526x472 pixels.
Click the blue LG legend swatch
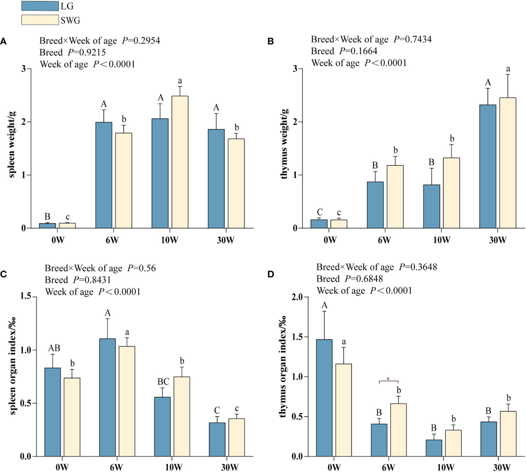pyautogui.click(x=40, y=6)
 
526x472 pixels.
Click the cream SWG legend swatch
pyautogui.click(x=40, y=20)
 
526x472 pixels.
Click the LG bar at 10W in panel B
pyautogui.click(x=432, y=206)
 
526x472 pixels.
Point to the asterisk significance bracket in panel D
pyautogui.click(x=388, y=380)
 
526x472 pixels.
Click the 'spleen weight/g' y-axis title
pyautogui.click(x=11, y=145)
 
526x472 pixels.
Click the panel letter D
pyautogui.click(x=271, y=274)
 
